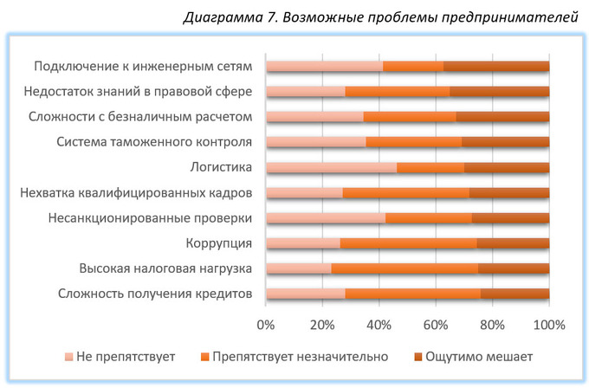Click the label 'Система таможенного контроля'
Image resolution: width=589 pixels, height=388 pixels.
click(x=154, y=142)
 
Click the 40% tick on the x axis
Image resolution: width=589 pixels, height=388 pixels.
click(x=379, y=325)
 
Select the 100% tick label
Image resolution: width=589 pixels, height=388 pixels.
click(x=548, y=325)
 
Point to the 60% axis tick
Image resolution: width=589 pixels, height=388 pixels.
click(x=436, y=325)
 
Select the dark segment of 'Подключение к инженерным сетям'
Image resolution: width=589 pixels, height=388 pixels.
click(x=496, y=67)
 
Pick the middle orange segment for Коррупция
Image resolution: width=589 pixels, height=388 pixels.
click(x=408, y=242)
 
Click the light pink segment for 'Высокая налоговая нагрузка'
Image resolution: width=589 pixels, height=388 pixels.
click(x=299, y=268)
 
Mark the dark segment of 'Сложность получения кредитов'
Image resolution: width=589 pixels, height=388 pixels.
click(x=515, y=293)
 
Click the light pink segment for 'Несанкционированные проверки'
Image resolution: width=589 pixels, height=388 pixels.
click(x=326, y=217)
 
